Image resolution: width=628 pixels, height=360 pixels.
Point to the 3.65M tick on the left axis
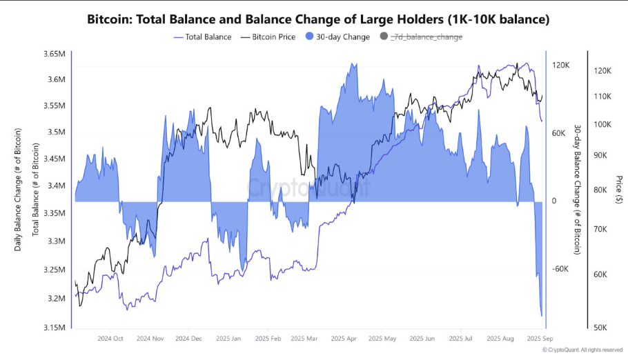tap(53, 54)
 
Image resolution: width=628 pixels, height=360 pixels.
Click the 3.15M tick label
tap(53, 328)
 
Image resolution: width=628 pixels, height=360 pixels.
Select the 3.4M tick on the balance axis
tap(55, 186)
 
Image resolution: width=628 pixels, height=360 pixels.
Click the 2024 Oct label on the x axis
tap(110, 339)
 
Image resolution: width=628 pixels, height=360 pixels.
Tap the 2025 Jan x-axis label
tap(228, 339)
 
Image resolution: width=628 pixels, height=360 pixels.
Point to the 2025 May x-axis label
tap(383, 339)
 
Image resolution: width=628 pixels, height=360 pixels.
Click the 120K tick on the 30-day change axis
tap(560, 65)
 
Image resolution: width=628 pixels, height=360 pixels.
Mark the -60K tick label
tap(560, 270)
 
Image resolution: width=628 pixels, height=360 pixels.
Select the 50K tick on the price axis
tap(601, 328)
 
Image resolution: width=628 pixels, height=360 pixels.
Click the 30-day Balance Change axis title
tap(577, 189)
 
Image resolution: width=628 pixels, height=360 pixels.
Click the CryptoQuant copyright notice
tap(583, 350)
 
